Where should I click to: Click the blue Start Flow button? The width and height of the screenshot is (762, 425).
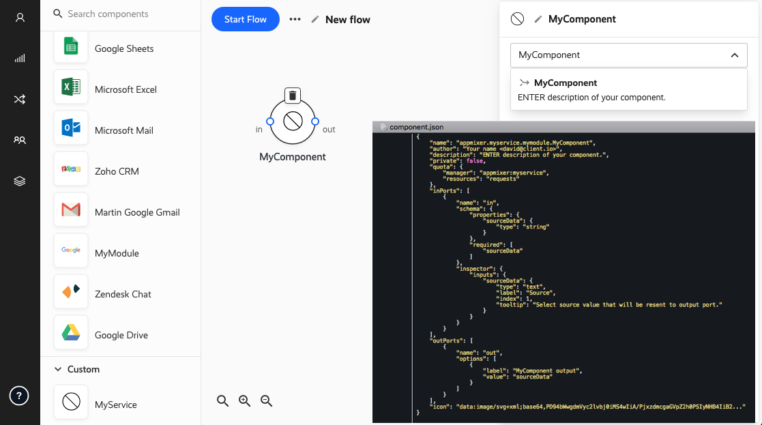pos(246,19)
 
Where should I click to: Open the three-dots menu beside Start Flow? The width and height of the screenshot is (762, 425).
pos(295,19)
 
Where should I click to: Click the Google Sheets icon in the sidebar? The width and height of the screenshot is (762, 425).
pos(71,46)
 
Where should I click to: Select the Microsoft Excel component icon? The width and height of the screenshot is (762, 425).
pos(71,87)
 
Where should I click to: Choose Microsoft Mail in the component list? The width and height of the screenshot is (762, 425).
pos(124,130)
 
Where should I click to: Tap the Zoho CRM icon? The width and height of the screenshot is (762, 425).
pos(71,168)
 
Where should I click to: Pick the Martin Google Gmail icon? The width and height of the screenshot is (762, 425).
pos(71,209)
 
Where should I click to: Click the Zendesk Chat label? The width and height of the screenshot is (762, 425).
pos(123,294)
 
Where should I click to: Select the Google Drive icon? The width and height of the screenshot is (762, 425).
pos(71,332)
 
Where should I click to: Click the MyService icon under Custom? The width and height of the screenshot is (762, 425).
pos(71,402)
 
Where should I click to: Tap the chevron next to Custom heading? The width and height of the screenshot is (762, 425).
pos(58,369)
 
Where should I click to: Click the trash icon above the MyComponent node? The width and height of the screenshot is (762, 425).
pos(293,96)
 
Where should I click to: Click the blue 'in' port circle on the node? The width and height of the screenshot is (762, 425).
pos(270,121)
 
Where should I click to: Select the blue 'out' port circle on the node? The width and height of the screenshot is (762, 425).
pos(315,121)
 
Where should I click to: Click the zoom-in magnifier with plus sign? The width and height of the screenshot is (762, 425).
pos(244,400)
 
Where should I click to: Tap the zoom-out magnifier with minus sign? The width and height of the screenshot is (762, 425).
pos(266,400)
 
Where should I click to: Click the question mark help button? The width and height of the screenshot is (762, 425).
pos(19,396)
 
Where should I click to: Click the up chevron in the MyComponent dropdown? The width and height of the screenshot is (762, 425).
pos(735,55)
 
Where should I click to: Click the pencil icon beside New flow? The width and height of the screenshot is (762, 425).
pos(315,19)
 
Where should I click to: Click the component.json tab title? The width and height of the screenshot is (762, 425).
pos(417,128)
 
